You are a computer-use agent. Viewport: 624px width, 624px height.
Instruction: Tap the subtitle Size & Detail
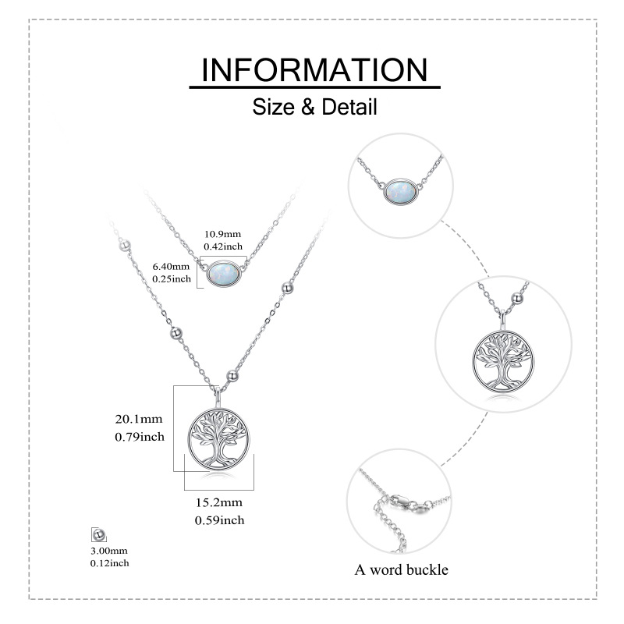[x=314, y=107]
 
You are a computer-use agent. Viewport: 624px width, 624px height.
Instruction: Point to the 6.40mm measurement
[x=172, y=267]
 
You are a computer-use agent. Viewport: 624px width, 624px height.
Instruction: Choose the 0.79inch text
[x=140, y=437]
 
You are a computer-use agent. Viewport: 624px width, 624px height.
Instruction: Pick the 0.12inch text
[x=109, y=562]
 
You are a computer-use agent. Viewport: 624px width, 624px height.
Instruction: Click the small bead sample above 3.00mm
[x=98, y=534]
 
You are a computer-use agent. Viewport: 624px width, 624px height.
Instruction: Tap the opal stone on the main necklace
[x=225, y=273]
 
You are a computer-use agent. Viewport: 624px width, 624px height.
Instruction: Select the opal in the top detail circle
[x=405, y=192]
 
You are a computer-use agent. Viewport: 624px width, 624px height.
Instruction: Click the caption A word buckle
[x=402, y=569]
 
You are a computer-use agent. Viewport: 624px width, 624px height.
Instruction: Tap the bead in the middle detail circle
[x=517, y=296]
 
